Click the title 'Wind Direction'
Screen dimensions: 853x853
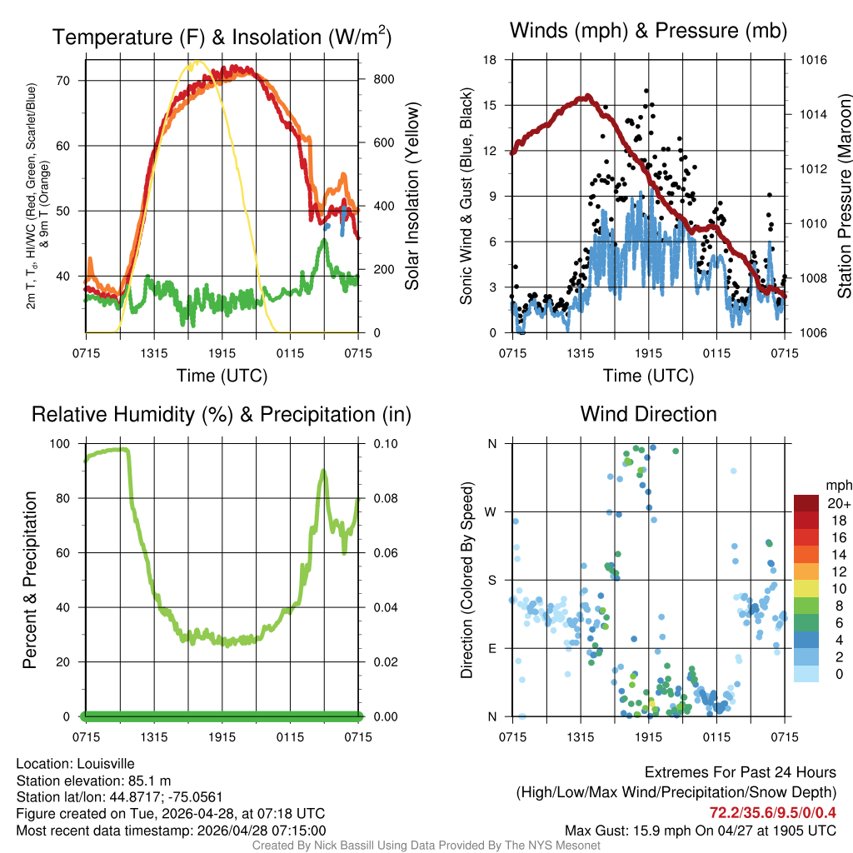(648, 414)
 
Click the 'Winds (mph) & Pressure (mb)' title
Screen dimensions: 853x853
(648, 32)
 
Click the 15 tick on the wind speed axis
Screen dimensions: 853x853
(491, 105)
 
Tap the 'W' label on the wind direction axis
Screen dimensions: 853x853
(492, 511)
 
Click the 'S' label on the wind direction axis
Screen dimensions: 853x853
(492, 580)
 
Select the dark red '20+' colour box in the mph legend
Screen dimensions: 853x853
(806, 503)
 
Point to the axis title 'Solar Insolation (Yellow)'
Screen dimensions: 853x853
(412, 197)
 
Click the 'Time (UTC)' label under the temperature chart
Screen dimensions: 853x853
(222, 376)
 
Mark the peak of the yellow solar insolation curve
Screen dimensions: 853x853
(196, 62)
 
